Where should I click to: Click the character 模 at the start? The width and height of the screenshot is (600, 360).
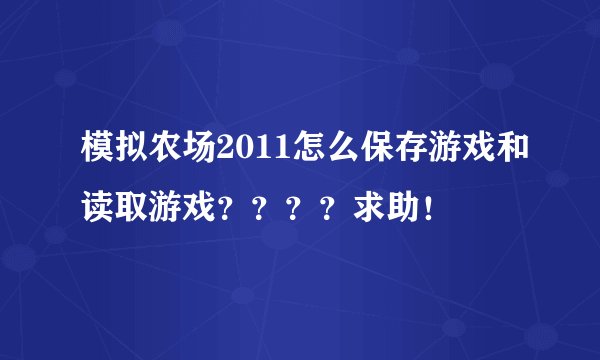(86, 154)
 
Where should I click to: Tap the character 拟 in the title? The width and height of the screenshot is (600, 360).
(118, 154)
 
